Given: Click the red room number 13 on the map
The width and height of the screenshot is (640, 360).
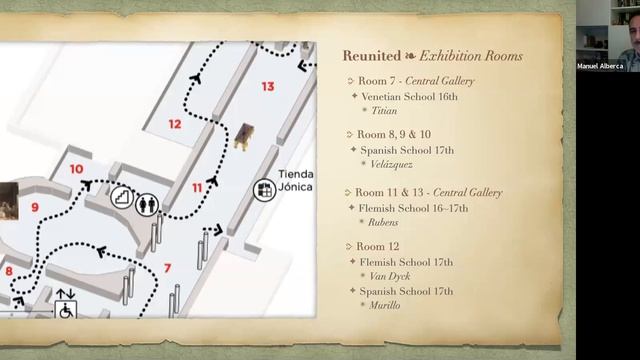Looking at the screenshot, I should pyautogui.click(x=267, y=87).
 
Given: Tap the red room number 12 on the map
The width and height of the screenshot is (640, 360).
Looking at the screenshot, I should pyautogui.click(x=175, y=125).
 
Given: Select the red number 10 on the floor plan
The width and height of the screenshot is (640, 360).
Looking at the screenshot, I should pyautogui.click(x=77, y=169).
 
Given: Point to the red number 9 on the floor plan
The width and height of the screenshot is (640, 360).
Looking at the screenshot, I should pyautogui.click(x=34, y=207).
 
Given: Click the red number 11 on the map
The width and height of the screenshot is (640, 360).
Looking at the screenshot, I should pyautogui.click(x=197, y=187).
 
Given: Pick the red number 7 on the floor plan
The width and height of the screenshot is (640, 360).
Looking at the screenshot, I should pyautogui.click(x=167, y=267).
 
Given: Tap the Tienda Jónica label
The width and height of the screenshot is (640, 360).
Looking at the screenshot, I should pyautogui.click(x=294, y=181).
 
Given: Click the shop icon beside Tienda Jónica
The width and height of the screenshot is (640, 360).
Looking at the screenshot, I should pyautogui.click(x=264, y=188).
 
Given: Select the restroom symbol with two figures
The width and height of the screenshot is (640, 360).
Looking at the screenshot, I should pyautogui.click(x=149, y=202).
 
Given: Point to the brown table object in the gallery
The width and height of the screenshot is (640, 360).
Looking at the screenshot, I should pyautogui.click(x=243, y=136).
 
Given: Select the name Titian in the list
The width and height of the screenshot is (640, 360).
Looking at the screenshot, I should pyautogui.click(x=384, y=111).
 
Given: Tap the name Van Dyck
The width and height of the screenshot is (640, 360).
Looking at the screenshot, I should pyautogui.click(x=393, y=276).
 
